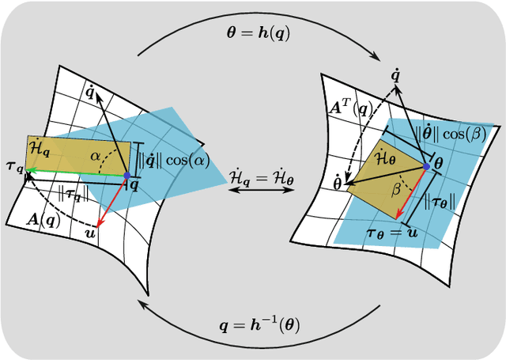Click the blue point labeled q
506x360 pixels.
(x=126, y=174)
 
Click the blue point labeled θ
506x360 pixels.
(x=427, y=165)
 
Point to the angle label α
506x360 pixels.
(x=96, y=157)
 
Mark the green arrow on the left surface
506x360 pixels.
(x=76, y=172)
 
